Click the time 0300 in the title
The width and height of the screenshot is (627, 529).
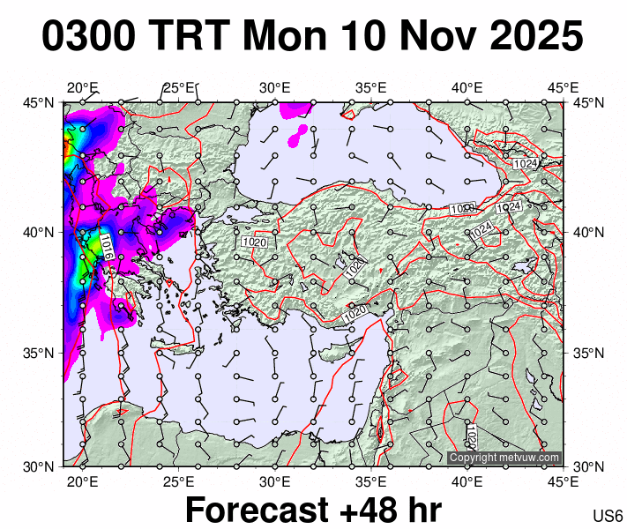tap(87, 37)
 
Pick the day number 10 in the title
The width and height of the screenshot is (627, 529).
tap(364, 37)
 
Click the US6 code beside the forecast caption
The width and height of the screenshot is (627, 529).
tap(608, 516)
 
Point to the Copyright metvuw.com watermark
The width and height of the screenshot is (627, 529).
tap(504, 458)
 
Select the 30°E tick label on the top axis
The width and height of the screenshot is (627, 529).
tap(274, 87)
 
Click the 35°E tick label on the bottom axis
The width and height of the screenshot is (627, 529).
tap(371, 481)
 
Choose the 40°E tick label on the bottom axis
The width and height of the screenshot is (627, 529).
tap(467, 481)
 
